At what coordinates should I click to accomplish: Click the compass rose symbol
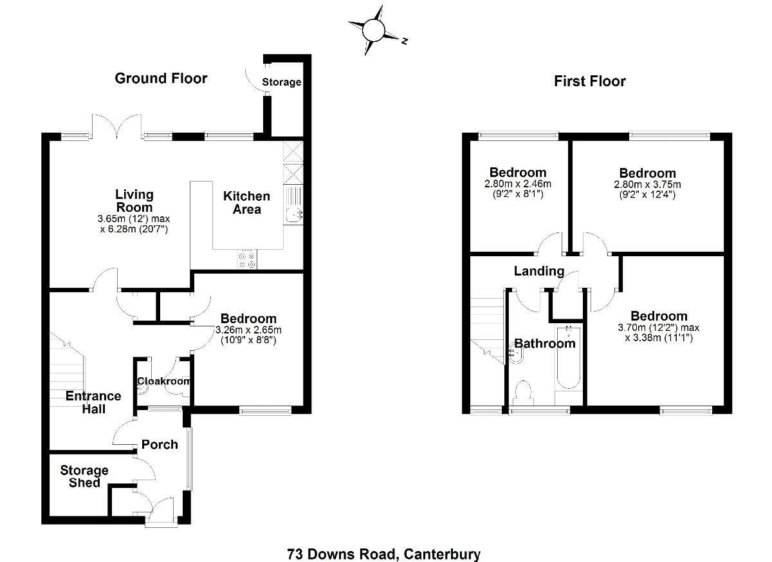[374, 30]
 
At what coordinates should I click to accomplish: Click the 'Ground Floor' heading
[161, 79]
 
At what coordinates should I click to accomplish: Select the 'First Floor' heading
[589, 81]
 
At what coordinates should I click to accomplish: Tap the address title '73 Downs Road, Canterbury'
[383, 554]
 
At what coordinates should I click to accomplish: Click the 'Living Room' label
[134, 200]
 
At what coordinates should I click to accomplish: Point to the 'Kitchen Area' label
[246, 202]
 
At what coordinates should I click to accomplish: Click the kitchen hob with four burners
[247, 259]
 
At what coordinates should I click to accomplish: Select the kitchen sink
[293, 214]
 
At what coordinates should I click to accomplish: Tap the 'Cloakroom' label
[164, 381]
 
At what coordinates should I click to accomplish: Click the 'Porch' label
[160, 444]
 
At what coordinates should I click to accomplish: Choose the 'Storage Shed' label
[84, 476]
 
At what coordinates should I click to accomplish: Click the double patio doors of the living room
[116, 126]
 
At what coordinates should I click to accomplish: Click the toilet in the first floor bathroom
[523, 393]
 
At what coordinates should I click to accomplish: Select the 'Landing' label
[538, 271]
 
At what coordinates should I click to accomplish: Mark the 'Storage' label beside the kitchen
[281, 82]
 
